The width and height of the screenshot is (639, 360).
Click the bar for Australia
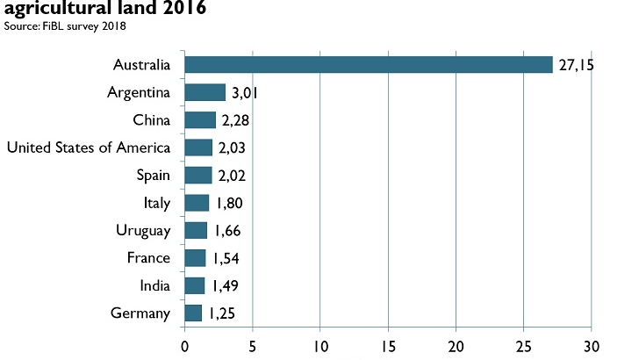(369, 65)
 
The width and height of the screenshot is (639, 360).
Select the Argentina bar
(205, 92)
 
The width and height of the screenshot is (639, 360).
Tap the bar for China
(200, 119)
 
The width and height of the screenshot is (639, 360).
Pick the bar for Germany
(193, 313)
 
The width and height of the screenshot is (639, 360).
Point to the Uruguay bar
(196, 231)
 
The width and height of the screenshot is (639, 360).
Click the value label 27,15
(576, 66)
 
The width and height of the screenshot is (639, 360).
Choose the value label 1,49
(223, 286)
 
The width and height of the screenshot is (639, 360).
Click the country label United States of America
(89, 148)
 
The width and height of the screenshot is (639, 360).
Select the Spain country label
(154, 175)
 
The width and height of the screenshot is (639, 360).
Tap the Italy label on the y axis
(156, 204)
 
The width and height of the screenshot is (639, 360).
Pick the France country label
(149, 258)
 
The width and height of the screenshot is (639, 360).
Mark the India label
(154, 286)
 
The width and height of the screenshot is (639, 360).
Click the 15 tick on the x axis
(387, 346)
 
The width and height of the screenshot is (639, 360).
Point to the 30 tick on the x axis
(591, 346)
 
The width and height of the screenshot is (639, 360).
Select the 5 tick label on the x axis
(252, 346)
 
